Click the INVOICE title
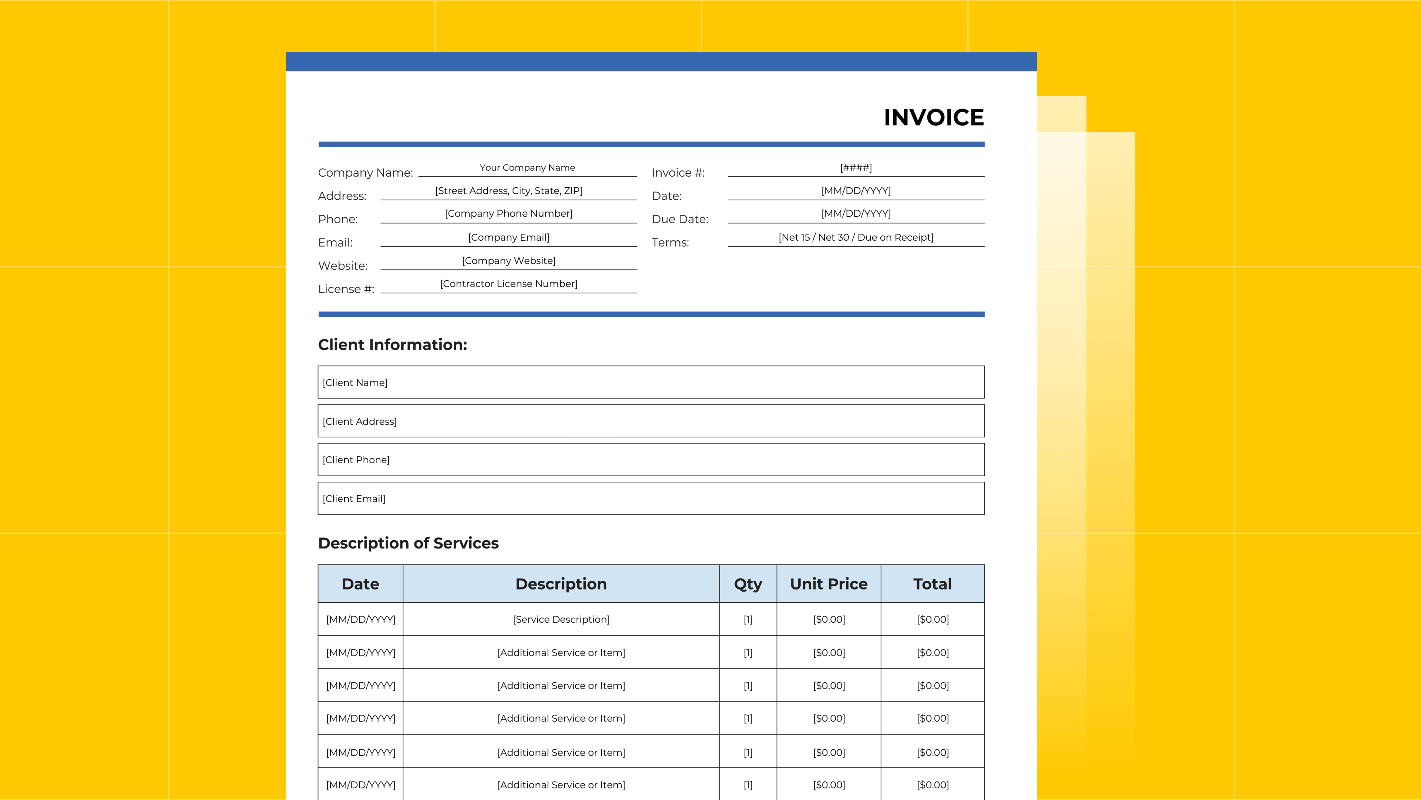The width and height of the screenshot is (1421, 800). point(933,118)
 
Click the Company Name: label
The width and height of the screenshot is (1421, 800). point(365,173)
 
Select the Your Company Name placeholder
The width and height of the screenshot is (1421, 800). point(527,168)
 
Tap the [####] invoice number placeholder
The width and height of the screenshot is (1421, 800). point(856,168)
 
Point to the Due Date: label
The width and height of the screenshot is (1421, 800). point(680,219)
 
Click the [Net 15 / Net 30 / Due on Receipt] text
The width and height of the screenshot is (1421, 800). point(856,237)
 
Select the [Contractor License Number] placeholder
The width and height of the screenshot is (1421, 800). point(508,284)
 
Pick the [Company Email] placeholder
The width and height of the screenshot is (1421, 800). point(508,237)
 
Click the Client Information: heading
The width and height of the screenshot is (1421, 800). point(392,344)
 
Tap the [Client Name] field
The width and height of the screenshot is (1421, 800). point(651,382)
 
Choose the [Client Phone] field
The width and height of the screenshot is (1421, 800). point(651,459)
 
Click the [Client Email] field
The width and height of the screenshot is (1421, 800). point(651,499)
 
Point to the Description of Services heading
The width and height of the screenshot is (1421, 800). point(408,543)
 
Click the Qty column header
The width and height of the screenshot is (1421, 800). point(748,584)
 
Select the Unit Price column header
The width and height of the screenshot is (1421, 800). point(829,584)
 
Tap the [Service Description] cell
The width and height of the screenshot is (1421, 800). point(561,620)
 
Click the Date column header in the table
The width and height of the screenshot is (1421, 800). point(360,584)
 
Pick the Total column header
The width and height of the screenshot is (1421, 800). point(932,584)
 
